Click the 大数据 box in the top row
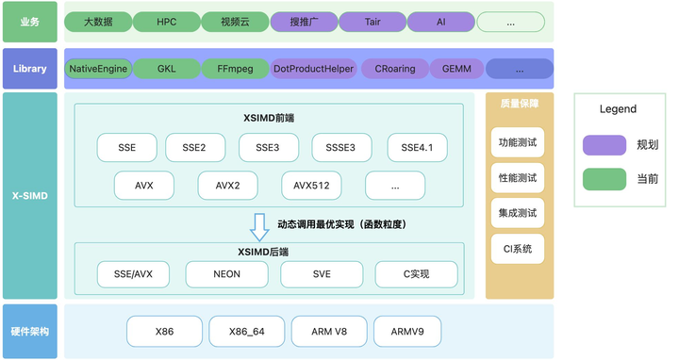[x=98, y=22]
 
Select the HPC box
[x=167, y=22]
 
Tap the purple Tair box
[x=372, y=22]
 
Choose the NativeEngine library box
[x=98, y=69]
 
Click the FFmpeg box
[x=235, y=69]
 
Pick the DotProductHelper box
[x=313, y=69]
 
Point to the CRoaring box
[x=394, y=69]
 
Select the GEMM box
[x=456, y=69]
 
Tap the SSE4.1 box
[x=417, y=148]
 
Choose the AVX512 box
[x=311, y=186]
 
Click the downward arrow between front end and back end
[x=258, y=227]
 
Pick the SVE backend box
[x=322, y=274]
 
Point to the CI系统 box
[x=516, y=249]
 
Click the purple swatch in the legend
[x=604, y=144]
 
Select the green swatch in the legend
[x=604, y=178]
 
